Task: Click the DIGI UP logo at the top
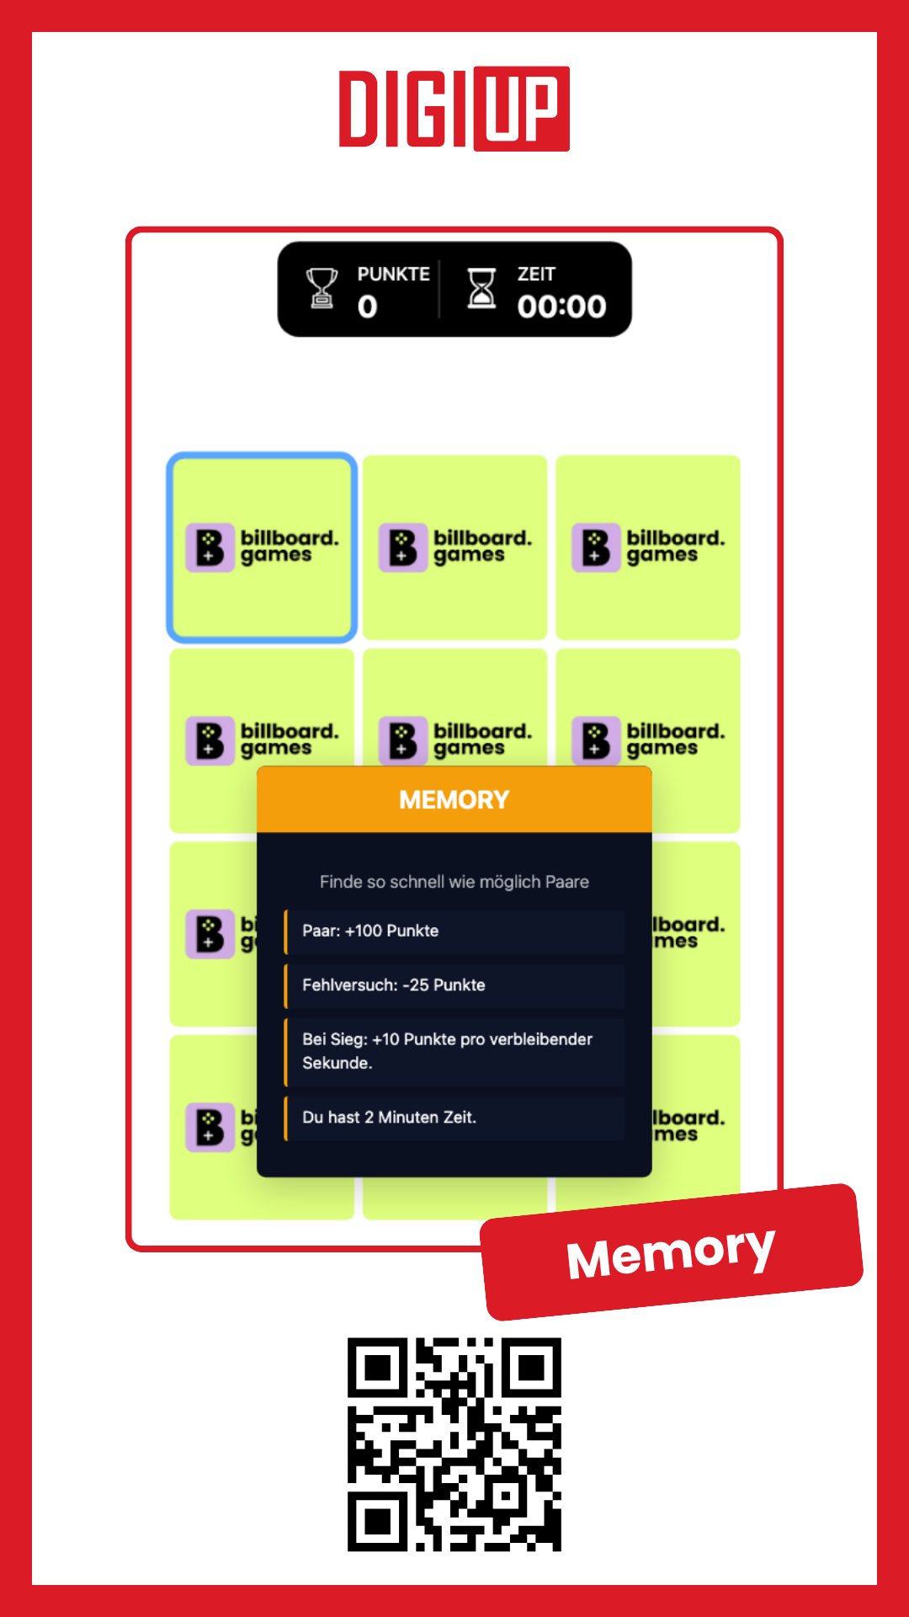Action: pos(454,109)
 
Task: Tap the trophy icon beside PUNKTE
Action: pos(322,289)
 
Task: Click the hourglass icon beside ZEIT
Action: pos(481,289)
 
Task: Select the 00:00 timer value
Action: pos(561,307)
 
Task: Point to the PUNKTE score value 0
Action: pos(367,307)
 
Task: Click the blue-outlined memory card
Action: pos(262,547)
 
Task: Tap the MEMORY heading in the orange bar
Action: pos(454,799)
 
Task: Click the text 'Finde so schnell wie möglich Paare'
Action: pos(454,882)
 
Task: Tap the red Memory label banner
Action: pos(672,1252)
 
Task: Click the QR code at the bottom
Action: pos(454,1444)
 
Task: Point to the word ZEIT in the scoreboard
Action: pos(536,275)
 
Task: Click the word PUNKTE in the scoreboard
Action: pos(393,275)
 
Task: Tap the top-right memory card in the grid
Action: pos(648,547)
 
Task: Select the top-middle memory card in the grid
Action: pos(454,547)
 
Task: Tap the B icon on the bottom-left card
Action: pos(210,1128)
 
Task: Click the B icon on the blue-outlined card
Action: pos(210,547)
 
